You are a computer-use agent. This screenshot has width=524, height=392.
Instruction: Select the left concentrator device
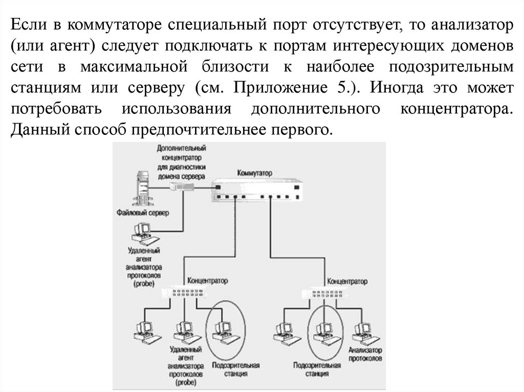click(x=183, y=293)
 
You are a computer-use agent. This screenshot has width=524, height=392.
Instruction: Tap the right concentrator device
click(x=323, y=294)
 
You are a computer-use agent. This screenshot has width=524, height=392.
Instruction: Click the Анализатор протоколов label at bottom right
click(x=365, y=354)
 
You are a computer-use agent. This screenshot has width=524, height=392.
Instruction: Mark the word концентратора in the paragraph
click(x=453, y=109)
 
